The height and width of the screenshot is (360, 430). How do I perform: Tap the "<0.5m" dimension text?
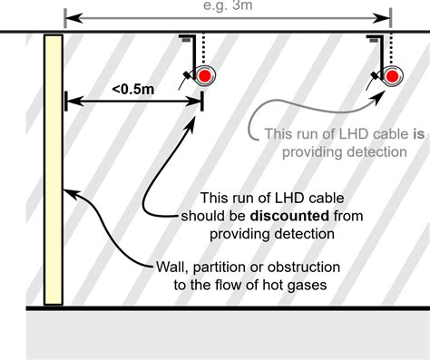coord(132,89)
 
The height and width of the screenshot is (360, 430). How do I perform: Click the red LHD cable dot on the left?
coord(206,74)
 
